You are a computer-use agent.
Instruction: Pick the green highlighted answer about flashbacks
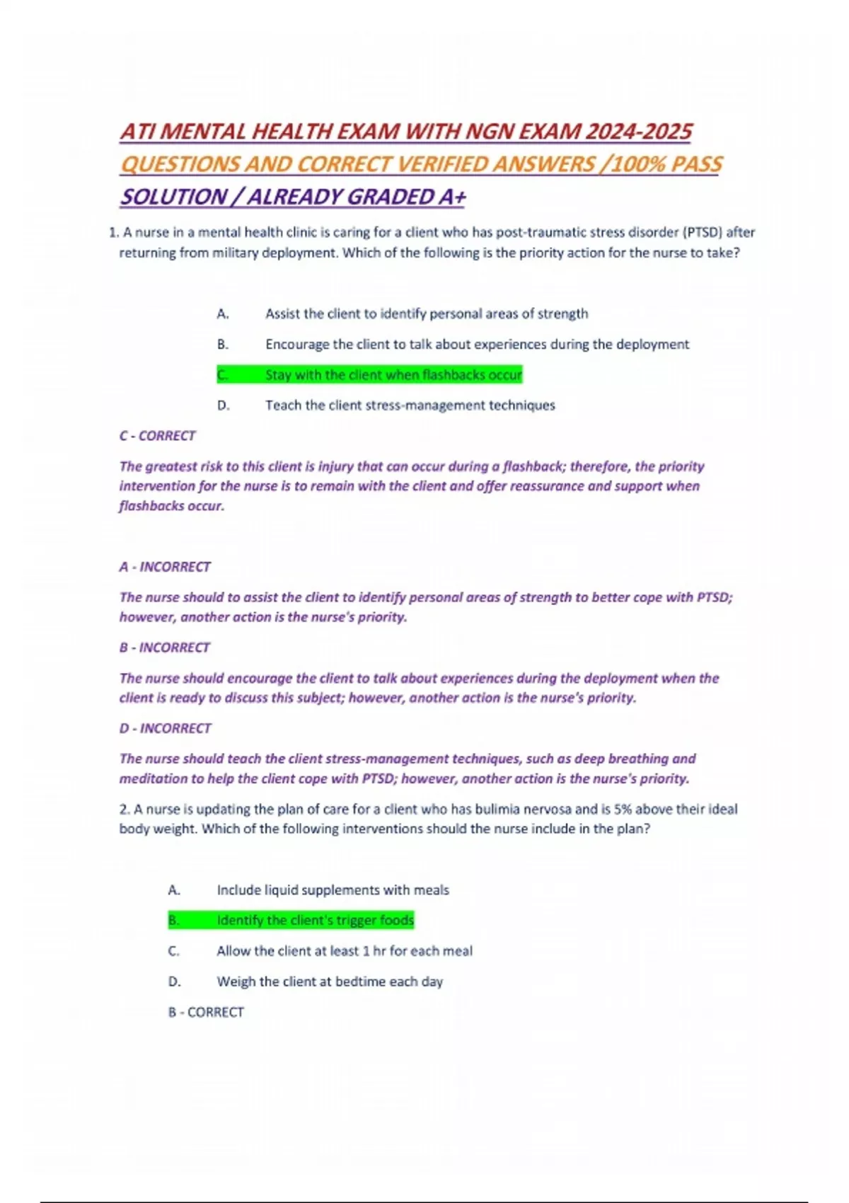[x=393, y=375]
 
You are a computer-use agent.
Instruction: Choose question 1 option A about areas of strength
[x=426, y=313]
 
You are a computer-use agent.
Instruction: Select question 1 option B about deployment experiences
[x=477, y=345]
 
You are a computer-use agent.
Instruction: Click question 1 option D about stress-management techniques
[x=410, y=405]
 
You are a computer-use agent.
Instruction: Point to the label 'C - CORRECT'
[x=157, y=436]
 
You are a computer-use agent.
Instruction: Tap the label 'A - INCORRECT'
[x=165, y=567]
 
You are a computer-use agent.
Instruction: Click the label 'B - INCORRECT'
[x=164, y=647]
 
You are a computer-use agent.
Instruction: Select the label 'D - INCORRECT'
[x=165, y=728]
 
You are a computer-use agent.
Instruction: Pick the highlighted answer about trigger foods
[x=315, y=921]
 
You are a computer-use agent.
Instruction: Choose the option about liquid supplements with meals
[x=333, y=890]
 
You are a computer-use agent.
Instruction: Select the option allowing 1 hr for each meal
[x=344, y=951]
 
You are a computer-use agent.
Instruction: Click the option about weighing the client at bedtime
[x=330, y=982]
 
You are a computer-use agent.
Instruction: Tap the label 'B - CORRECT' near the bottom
[x=206, y=1013]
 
